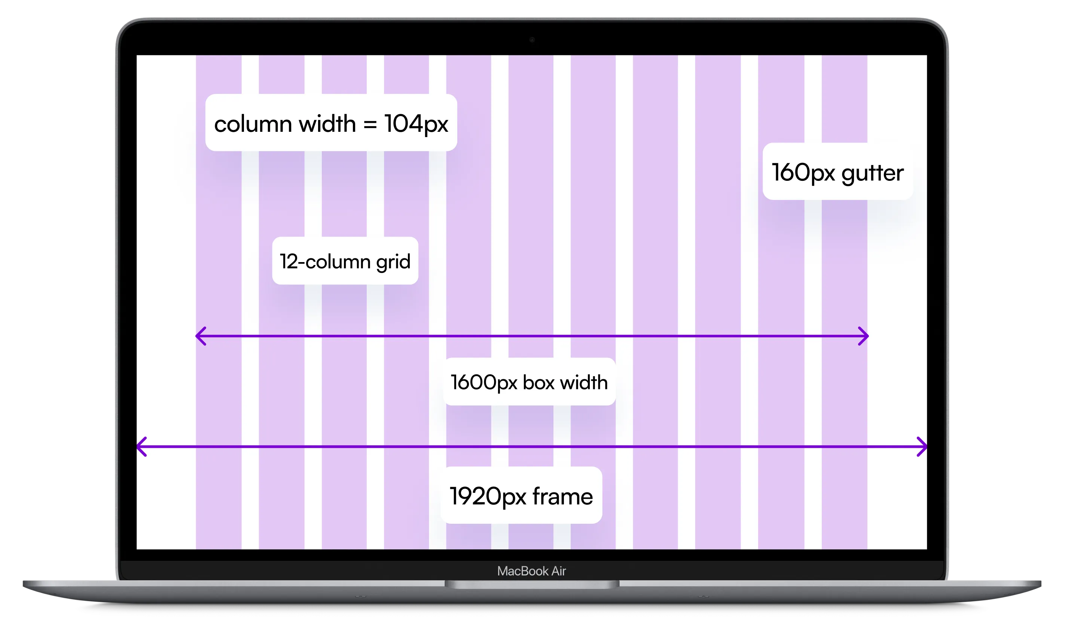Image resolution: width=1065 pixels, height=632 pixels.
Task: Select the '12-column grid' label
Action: point(345,261)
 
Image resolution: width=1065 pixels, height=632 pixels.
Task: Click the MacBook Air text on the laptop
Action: point(531,571)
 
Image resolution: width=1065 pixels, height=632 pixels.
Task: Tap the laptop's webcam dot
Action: point(532,40)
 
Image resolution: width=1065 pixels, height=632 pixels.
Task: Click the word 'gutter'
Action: point(872,173)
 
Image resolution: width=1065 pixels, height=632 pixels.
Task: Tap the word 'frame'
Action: point(562,496)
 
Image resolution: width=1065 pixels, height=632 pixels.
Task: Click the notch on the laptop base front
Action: point(532,584)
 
